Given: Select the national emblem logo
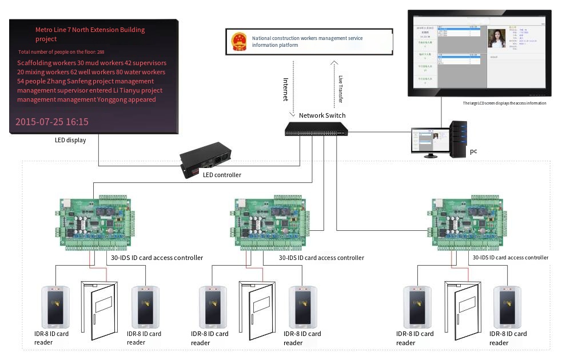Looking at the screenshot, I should [x=238, y=42].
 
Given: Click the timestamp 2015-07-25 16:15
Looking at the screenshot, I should [x=52, y=122].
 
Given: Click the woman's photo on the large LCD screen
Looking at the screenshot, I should [x=498, y=38].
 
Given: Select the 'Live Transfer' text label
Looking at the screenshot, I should [x=340, y=89].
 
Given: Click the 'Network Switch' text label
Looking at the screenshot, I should [x=322, y=115].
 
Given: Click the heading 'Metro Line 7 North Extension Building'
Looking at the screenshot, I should [x=90, y=30].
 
